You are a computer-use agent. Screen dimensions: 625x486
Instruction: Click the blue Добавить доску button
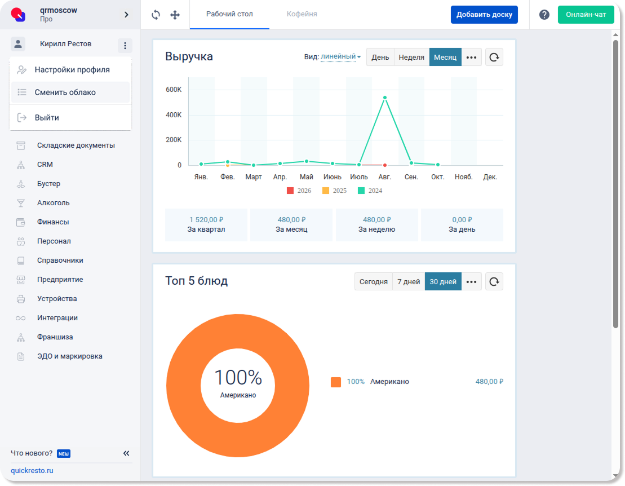(x=484, y=15)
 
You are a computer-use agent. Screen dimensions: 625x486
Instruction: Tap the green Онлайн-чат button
(x=586, y=15)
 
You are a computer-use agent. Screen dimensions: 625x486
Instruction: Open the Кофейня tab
(x=302, y=14)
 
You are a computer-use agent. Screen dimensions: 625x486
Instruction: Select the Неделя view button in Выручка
(x=411, y=57)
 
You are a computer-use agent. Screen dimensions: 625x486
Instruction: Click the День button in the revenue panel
(x=380, y=57)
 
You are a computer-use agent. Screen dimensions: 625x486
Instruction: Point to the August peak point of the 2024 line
(x=385, y=98)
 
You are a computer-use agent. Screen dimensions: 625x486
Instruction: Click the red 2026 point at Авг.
(x=385, y=165)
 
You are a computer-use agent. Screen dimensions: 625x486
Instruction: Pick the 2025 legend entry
(x=334, y=191)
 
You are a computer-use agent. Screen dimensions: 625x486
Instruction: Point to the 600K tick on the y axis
(x=174, y=90)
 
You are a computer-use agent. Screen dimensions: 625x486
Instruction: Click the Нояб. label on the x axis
(x=464, y=177)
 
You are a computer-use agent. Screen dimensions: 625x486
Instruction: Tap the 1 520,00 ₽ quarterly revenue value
(x=206, y=220)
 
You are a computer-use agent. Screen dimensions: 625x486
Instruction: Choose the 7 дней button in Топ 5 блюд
(x=409, y=281)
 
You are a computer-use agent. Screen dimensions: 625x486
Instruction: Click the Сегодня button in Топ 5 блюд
(x=374, y=281)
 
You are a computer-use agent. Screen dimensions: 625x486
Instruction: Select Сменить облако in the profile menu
(x=65, y=92)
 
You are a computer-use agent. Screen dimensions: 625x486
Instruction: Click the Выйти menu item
(x=47, y=118)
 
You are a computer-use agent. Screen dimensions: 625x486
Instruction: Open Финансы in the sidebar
(x=53, y=222)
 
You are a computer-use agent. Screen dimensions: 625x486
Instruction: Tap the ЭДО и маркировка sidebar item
(x=70, y=356)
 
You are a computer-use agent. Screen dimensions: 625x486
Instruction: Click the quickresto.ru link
(x=32, y=470)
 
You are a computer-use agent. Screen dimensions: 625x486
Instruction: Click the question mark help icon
(x=544, y=15)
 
